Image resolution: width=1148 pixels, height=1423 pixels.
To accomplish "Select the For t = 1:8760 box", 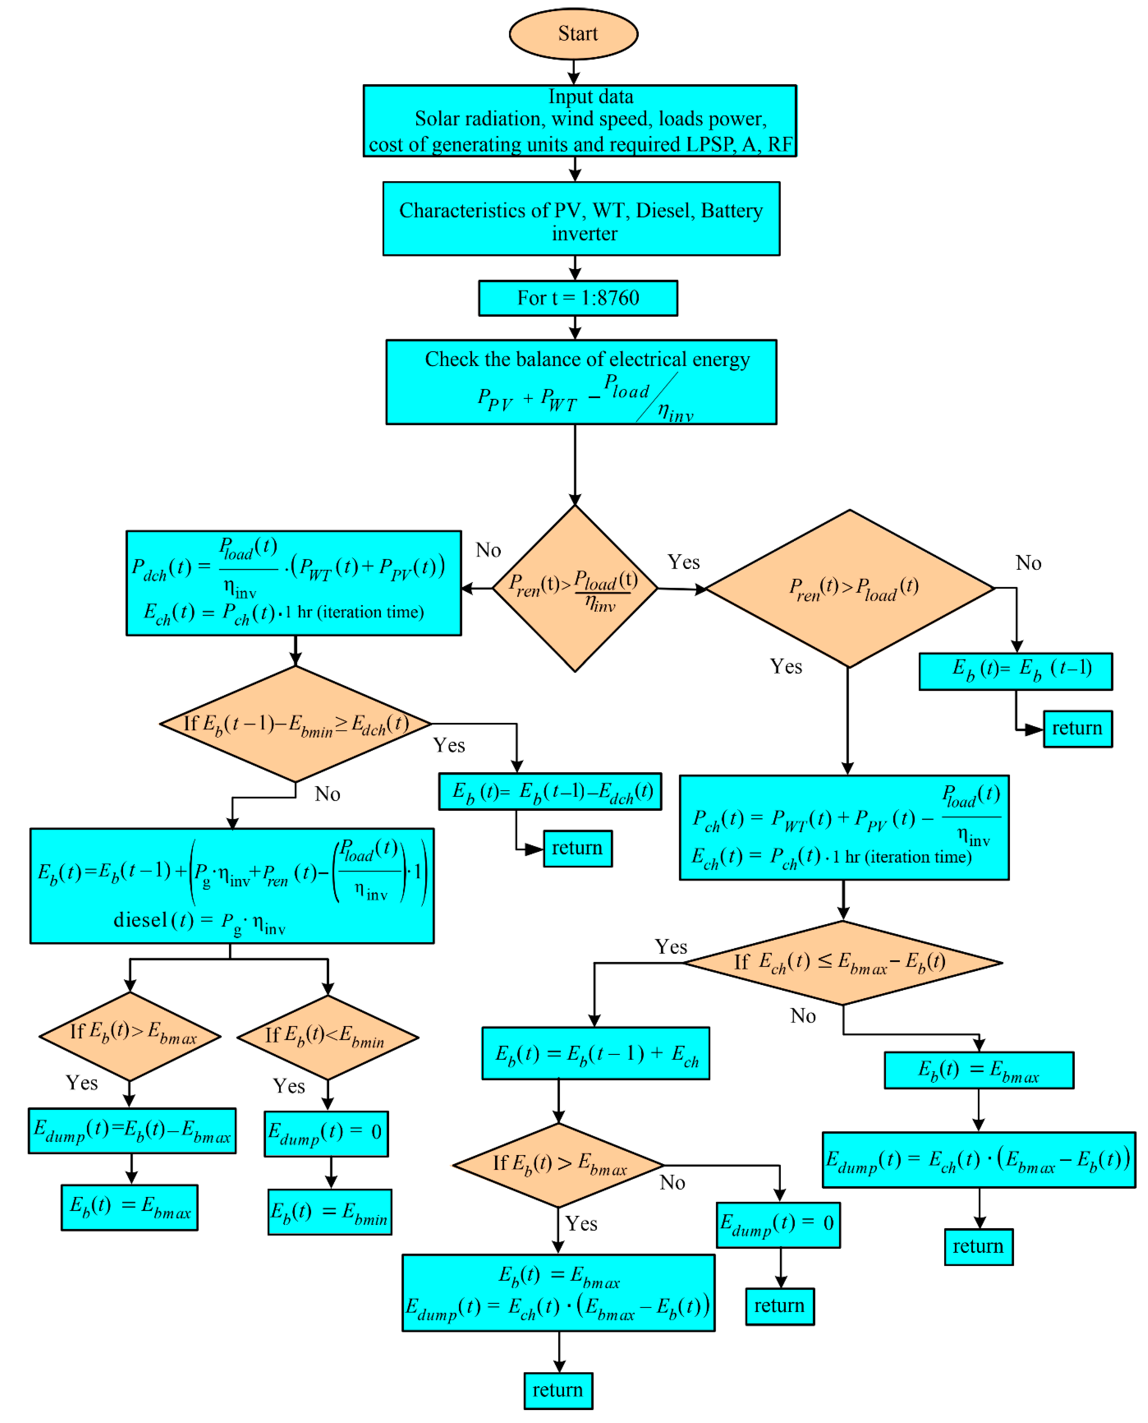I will (x=578, y=298).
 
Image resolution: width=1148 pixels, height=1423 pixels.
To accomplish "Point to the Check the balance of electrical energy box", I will (x=581, y=382).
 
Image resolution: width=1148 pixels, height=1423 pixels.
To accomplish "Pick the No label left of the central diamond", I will (x=488, y=550).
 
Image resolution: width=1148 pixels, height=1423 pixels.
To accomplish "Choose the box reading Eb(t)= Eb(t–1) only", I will (x=1015, y=671).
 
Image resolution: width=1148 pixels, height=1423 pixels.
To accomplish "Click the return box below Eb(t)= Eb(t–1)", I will (x=1077, y=728).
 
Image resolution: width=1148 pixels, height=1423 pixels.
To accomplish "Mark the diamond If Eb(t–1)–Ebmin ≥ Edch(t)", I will (x=296, y=724).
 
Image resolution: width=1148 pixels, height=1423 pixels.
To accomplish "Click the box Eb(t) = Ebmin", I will (x=329, y=1211).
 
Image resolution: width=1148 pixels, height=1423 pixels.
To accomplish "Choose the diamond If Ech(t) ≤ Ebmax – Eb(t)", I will (x=843, y=962).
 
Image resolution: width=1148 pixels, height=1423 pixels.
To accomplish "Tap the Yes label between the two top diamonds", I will (x=683, y=562).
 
